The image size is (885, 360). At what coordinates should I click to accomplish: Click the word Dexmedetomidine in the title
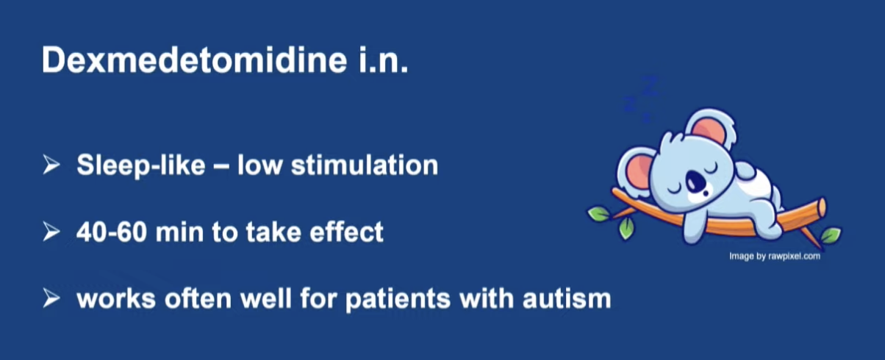click(x=194, y=60)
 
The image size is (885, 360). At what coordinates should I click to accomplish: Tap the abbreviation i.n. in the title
click(x=383, y=60)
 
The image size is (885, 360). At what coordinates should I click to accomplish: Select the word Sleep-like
click(x=141, y=165)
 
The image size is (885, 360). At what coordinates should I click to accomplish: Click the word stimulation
click(x=365, y=165)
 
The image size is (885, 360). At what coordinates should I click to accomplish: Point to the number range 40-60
click(x=112, y=231)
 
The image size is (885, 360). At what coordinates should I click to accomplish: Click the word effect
click(x=346, y=231)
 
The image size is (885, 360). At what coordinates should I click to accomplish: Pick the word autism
click(x=567, y=298)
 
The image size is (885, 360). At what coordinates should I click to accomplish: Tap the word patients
click(x=398, y=299)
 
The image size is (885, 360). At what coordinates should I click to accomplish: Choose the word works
click(x=116, y=298)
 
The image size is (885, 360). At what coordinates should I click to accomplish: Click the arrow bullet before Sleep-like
click(x=51, y=165)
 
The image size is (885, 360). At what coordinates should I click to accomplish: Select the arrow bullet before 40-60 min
click(x=51, y=231)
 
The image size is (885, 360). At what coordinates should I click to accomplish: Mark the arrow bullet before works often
click(x=51, y=298)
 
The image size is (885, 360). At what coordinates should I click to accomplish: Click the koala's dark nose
click(x=695, y=181)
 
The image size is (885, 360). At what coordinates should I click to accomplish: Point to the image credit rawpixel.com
click(x=794, y=256)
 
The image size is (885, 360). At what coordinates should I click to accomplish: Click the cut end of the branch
click(x=822, y=207)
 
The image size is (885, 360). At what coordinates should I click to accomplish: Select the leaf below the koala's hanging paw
click(x=626, y=228)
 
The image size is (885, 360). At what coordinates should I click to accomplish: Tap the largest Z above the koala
click(x=650, y=86)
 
